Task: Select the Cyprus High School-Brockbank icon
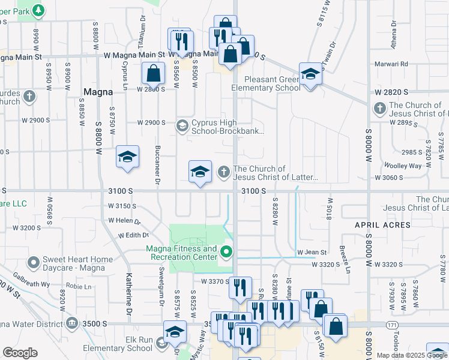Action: click(182, 126)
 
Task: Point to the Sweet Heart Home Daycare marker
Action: click(34, 263)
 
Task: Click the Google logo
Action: click(20, 352)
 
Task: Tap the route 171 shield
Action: click(392, 325)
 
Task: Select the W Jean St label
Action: click(312, 253)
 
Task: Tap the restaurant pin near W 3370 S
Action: click(239, 287)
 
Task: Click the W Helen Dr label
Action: click(124, 221)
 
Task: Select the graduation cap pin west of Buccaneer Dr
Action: click(127, 157)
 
